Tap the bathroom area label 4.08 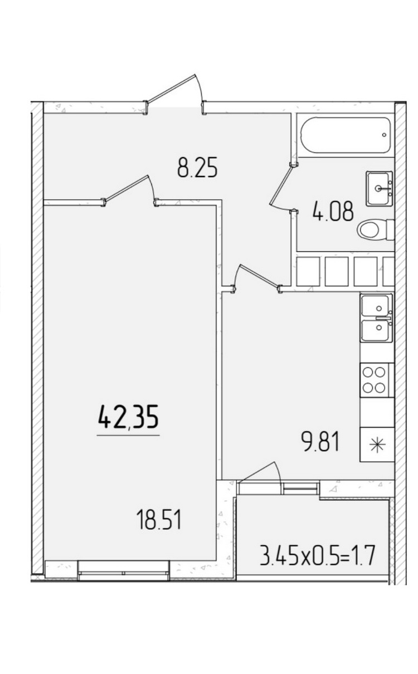pos(333,211)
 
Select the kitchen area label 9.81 pos(320,441)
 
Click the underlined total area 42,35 pos(128,417)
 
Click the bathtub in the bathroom pos(345,135)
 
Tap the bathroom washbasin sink pos(380,189)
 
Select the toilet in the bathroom pos(376,230)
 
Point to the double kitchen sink pos(377,318)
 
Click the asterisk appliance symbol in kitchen pos(378,444)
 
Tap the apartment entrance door pos(174,94)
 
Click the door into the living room pos(129,190)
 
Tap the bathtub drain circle pos(384,135)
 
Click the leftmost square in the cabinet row pos(308,271)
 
